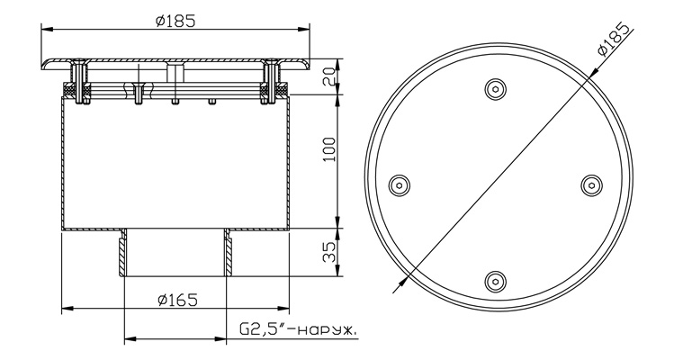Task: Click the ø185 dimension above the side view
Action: [x=175, y=20]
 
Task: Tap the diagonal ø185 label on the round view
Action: [x=616, y=40]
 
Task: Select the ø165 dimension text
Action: [x=177, y=300]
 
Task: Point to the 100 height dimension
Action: [x=328, y=149]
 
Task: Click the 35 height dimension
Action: [x=328, y=252]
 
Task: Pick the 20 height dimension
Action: [x=328, y=76]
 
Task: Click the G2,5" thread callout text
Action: [x=298, y=330]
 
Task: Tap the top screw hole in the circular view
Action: [x=495, y=89]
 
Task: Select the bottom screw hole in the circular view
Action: [x=495, y=282]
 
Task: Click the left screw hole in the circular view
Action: [x=399, y=185]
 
